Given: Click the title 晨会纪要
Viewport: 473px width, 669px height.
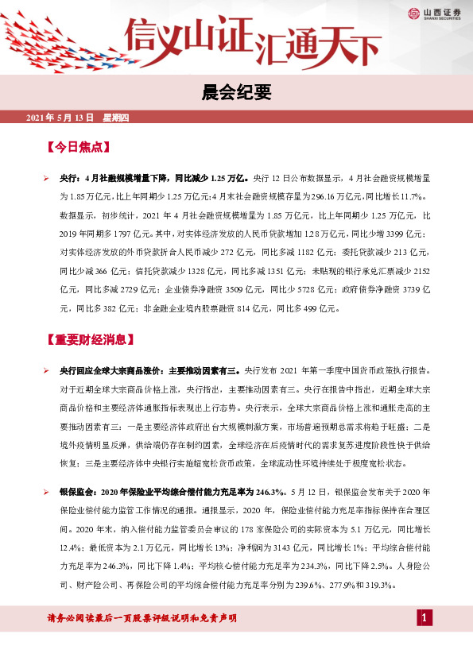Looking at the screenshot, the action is pyautogui.click(x=236, y=94).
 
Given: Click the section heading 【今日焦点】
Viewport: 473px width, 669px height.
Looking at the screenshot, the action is pyautogui.click(x=77, y=147).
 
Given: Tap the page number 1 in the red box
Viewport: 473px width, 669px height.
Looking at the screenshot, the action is pyautogui.click(x=425, y=618).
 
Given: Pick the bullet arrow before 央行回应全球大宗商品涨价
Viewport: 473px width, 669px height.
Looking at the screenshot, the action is pyautogui.click(x=47, y=370).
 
